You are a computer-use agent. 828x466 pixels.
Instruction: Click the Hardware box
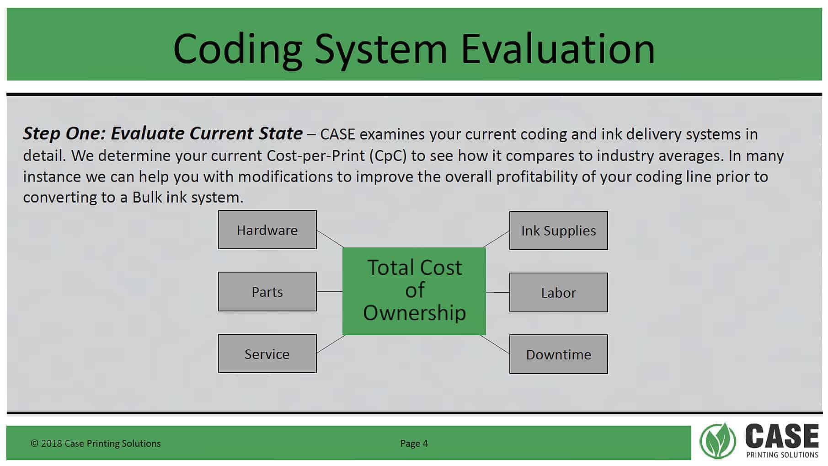[267, 230]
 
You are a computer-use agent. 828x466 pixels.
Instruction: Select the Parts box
[267, 292]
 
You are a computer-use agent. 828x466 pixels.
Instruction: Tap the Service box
[267, 354]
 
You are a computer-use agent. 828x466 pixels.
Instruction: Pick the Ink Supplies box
[558, 230]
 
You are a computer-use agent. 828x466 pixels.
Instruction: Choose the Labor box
[558, 293]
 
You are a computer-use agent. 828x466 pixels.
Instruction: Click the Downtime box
[558, 354]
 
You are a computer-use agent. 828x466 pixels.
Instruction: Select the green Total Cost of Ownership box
[414, 291]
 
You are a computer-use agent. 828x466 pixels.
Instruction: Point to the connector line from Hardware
[330, 239]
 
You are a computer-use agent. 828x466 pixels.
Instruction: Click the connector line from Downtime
[495, 344]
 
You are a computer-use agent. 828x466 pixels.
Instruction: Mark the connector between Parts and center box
[330, 291]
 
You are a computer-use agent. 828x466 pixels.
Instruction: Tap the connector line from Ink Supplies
[496, 239]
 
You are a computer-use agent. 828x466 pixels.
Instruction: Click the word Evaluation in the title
[558, 48]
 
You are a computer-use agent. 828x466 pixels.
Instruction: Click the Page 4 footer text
[414, 443]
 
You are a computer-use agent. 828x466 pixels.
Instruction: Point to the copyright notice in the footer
[96, 443]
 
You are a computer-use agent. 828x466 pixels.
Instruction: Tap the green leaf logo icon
[717, 441]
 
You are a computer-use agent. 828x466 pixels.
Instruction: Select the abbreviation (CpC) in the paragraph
[390, 156]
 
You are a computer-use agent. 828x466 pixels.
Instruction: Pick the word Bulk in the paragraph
[147, 197]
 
